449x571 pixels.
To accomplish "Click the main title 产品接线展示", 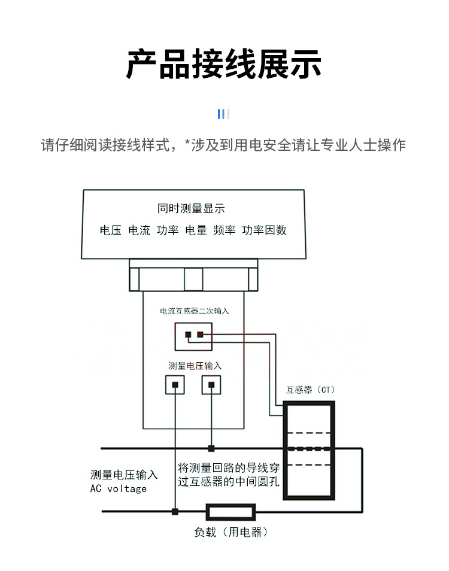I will coord(224,63).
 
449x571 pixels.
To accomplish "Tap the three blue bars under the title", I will coord(224,114).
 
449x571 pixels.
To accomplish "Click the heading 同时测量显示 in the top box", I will coord(191,209).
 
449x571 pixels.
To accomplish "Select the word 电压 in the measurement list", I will coord(111,230).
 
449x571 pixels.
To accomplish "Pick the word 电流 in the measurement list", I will coord(139,230).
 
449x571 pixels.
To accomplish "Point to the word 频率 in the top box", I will coord(224,230).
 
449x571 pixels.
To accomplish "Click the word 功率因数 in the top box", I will coord(264,230).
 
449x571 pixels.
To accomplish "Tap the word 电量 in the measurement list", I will coord(196,230).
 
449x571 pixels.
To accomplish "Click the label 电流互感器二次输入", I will coord(195,311).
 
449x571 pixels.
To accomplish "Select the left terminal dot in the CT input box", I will coord(188,335).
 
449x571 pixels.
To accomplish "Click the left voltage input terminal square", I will coord(175,384).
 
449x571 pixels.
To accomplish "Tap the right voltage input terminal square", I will coord(211,384).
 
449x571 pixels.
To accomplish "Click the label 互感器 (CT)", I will coord(310,390).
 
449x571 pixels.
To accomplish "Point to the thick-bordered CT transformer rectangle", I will coord(309,449).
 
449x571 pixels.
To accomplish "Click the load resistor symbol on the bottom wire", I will coord(230,512).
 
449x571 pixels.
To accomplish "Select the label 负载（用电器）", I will coord(230,532).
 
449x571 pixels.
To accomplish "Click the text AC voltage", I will coord(118,488).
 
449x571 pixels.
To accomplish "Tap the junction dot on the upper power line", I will coord(211,448).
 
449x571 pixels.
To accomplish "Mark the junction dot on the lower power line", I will coord(175,512).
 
